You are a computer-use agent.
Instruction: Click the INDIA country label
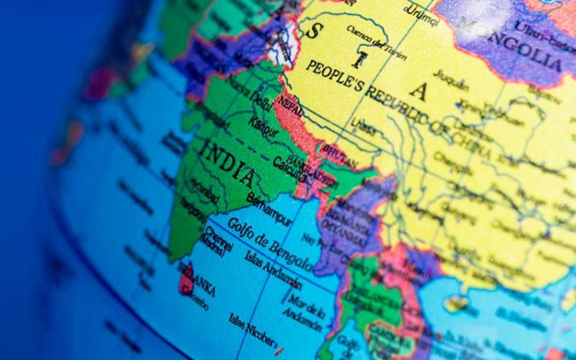click(227, 163)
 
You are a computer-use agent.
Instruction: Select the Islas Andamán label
click(273, 269)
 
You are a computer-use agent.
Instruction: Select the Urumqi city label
click(421, 10)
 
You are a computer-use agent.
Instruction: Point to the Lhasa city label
click(366, 127)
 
